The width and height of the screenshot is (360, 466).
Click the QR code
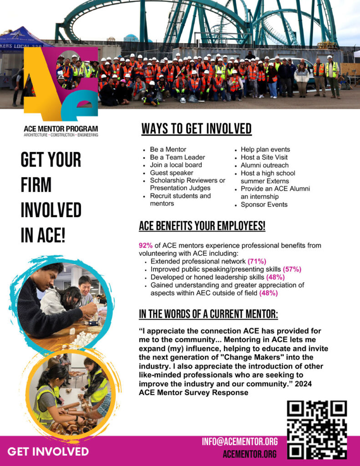[317, 430]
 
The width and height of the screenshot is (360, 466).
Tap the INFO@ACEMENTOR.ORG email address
[240, 441]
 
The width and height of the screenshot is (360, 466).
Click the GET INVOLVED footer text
[48, 451]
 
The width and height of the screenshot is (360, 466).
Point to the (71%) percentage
[257, 261]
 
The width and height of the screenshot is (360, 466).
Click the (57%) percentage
[292, 269]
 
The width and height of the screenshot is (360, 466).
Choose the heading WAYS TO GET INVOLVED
[196, 129]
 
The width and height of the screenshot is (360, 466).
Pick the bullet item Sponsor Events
[264, 204]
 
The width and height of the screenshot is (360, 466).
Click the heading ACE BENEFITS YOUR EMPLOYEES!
[202, 226]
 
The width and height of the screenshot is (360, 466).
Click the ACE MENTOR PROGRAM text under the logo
[61, 129]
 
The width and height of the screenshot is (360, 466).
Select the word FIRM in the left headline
[36, 185]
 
